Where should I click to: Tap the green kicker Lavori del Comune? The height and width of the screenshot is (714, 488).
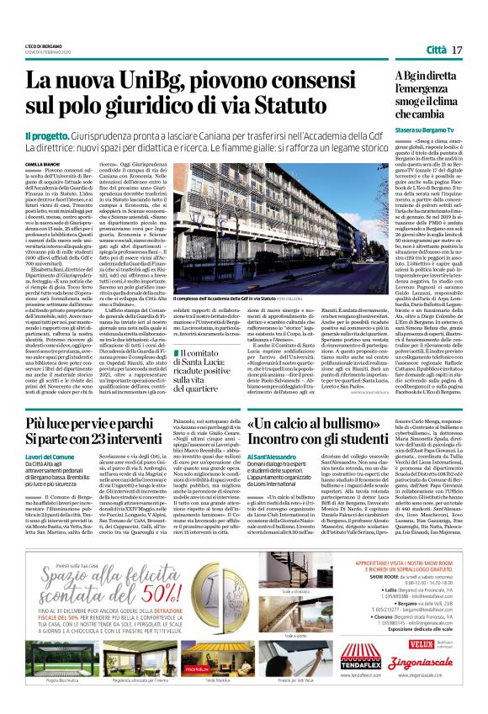[x=52, y=433]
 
